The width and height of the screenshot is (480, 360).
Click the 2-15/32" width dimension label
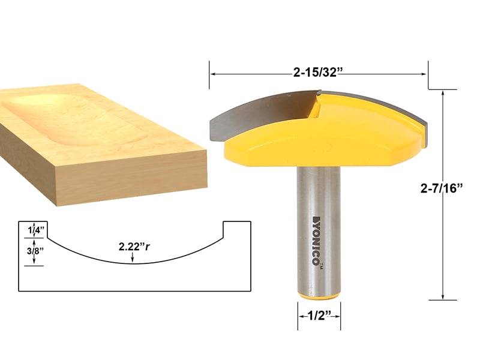[x=319, y=73]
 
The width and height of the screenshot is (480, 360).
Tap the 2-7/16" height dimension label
[x=443, y=188]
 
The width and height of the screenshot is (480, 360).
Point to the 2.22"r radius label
[x=134, y=246]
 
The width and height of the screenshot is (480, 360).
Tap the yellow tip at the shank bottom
[x=319, y=296]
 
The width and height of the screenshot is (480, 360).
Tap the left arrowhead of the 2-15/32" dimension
[x=212, y=73]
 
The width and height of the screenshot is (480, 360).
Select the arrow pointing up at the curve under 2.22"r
[x=133, y=258]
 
